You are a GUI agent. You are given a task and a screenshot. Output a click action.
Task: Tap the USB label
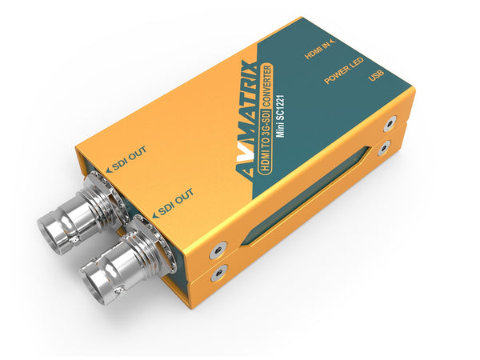pos(375,78)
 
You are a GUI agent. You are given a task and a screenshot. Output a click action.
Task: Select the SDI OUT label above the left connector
pos(128,166)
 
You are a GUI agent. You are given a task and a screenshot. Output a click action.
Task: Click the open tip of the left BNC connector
pos(54,232)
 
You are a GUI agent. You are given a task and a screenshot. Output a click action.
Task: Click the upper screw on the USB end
pos(389,126)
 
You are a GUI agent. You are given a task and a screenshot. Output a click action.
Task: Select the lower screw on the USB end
pos(385,148)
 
